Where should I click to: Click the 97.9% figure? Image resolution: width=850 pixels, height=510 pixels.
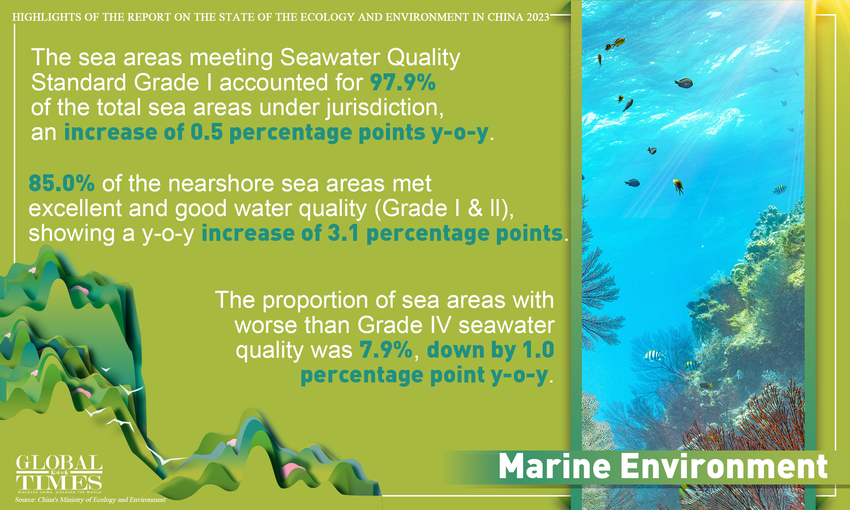click(x=403, y=83)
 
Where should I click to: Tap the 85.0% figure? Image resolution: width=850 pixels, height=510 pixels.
click(x=62, y=183)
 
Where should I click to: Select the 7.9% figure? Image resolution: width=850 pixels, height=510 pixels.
click(x=386, y=350)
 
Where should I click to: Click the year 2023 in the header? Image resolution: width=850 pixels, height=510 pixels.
click(x=538, y=17)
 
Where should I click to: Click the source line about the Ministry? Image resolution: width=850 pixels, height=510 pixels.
click(x=90, y=500)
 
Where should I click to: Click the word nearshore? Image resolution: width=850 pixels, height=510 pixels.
click(x=220, y=183)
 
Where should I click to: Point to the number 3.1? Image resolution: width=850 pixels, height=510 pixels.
click(x=343, y=233)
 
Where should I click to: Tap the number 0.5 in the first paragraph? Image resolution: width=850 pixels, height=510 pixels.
click(x=206, y=132)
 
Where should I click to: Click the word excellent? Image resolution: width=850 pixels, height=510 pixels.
click(x=75, y=208)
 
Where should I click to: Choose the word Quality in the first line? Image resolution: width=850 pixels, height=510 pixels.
click(x=423, y=57)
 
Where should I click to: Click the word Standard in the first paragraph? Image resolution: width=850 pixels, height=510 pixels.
click(x=79, y=83)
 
